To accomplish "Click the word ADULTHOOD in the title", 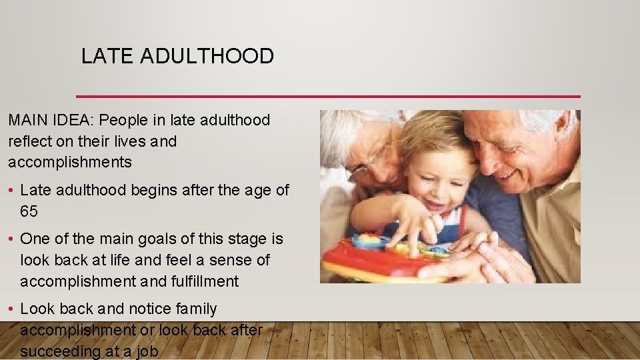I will pyautogui.click(x=207, y=57).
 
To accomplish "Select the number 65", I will pyautogui.click(x=29, y=211).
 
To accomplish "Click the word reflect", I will pyautogui.click(x=27, y=141).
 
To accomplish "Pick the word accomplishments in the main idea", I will pyautogui.click(x=70, y=162).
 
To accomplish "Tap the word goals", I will pyautogui.click(x=150, y=239).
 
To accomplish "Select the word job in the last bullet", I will pyautogui.click(x=147, y=351).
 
